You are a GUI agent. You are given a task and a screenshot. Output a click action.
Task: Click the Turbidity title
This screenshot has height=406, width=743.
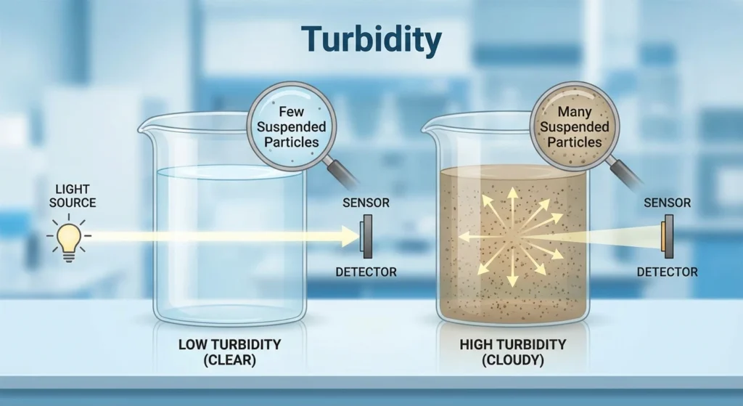click(371, 40)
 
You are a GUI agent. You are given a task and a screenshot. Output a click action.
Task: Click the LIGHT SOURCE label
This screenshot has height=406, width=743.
click(73, 196)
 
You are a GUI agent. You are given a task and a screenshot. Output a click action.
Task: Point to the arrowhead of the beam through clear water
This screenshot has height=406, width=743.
click(350, 236)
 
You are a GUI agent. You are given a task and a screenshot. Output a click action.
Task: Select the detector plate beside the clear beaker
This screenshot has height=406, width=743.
click(366, 236)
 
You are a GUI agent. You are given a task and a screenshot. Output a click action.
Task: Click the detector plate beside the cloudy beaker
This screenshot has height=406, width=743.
click(668, 236)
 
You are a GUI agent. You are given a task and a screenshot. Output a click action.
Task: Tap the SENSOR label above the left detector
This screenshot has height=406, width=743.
click(366, 203)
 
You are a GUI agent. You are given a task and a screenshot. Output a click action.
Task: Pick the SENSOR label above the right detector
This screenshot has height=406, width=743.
click(668, 203)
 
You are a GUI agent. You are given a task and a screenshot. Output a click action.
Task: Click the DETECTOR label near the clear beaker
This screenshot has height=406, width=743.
click(366, 272)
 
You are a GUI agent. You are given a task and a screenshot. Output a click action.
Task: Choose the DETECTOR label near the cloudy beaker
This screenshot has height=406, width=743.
click(668, 272)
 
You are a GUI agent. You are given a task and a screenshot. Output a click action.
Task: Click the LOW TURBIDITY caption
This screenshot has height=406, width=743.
click(230, 344)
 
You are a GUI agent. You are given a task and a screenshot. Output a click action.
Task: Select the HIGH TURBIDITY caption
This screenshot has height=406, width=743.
click(513, 344)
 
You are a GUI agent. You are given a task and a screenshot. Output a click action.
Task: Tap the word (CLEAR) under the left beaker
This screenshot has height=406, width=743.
click(230, 360)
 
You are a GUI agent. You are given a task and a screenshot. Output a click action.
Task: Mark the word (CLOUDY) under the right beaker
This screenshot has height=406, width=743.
click(513, 360)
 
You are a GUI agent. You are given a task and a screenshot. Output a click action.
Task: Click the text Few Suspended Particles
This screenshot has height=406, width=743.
click(292, 126)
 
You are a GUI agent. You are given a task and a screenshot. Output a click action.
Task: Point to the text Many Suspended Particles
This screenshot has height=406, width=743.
click(575, 126)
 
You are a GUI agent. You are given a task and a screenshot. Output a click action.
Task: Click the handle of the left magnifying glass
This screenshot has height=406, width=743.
click(342, 172)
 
